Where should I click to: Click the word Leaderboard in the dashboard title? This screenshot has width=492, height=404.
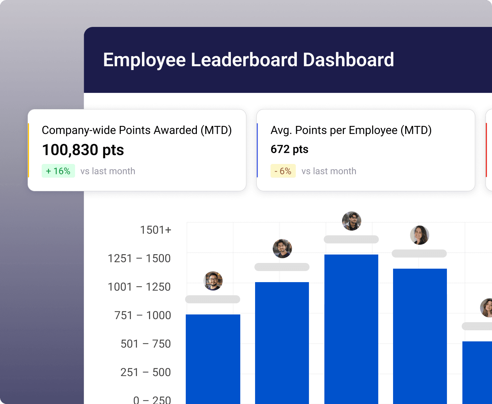[x=244, y=60]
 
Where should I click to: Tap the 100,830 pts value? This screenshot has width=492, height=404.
[x=83, y=150]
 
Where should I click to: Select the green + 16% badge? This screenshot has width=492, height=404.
[x=58, y=171]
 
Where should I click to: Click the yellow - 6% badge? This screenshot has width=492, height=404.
[x=283, y=171]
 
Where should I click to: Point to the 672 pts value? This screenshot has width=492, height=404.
[x=289, y=149]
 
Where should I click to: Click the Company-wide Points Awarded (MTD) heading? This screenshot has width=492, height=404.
[x=137, y=130]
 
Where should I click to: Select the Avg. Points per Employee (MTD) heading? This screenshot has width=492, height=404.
[x=351, y=130]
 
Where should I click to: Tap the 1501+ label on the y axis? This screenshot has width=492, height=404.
[x=155, y=230]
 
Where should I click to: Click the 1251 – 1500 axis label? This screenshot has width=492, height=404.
[x=139, y=259]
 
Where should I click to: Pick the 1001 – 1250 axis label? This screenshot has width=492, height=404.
[x=139, y=287]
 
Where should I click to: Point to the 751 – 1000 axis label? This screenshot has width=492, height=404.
[x=143, y=315]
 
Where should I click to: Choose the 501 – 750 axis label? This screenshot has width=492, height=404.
[x=146, y=344]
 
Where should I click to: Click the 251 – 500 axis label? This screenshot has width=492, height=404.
[x=146, y=372]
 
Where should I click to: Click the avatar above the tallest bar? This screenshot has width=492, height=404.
[x=352, y=221]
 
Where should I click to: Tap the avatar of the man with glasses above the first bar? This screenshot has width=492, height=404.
[x=213, y=281]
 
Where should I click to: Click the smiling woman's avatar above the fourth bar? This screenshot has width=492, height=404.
[x=419, y=235]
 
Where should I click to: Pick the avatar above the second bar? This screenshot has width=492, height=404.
[x=282, y=248]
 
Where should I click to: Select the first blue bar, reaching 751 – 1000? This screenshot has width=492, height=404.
[x=213, y=359]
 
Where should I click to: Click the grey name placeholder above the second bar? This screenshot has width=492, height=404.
[x=282, y=267]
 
